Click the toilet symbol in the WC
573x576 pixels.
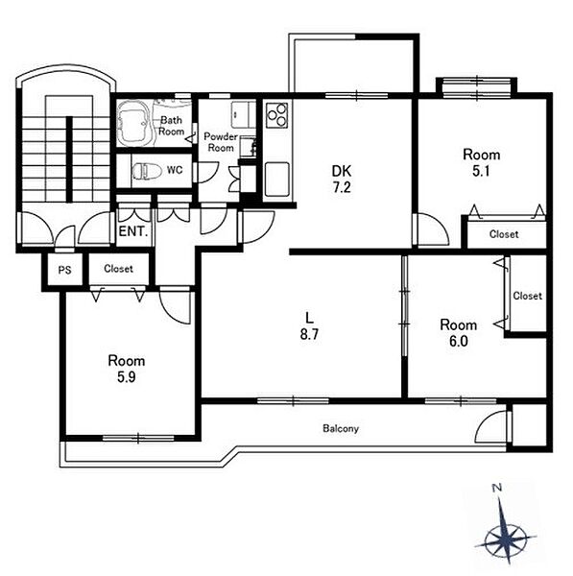click(148, 171)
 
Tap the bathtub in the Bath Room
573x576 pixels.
click(132, 122)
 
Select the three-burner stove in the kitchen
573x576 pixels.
click(277, 115)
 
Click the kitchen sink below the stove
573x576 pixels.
click(277, 179)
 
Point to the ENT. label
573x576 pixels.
click(133, 231)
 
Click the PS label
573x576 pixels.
click(64, 271)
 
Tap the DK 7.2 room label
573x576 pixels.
click(342, 179)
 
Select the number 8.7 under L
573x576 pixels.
click(309, 334)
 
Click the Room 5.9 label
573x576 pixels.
click(127, 369)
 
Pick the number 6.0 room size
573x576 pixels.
click(459, 341)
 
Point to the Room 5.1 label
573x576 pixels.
click(481, 163)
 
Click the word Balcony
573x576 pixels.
click(341, 429)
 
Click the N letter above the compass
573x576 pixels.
click(497, 489)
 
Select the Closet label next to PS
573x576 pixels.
click(118, 269)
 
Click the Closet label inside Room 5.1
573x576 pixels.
click(504, 234)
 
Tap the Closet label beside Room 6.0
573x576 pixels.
click(528, 296)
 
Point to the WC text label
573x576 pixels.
click(175, 170)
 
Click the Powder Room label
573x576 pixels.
click(221, 142)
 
